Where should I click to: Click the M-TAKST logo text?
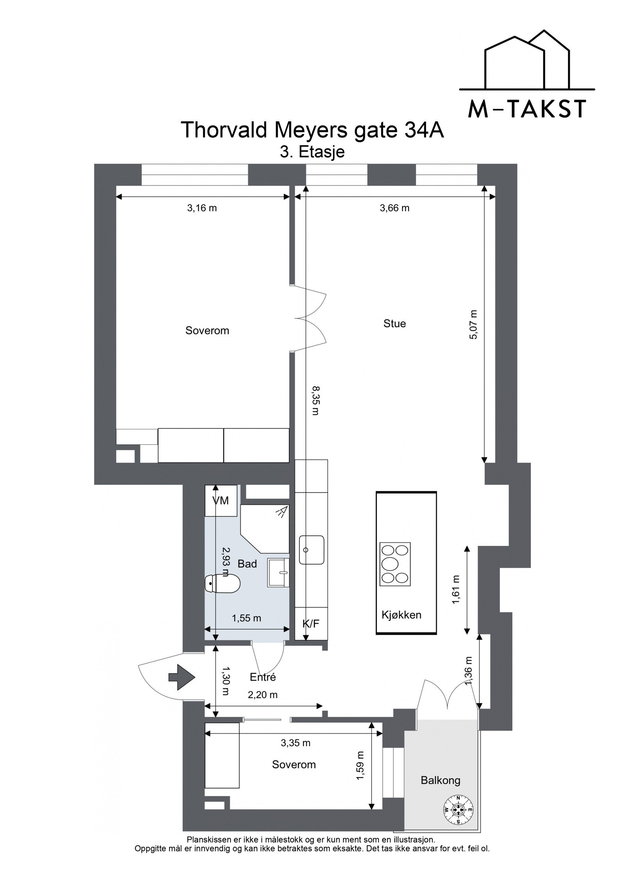(527, 109)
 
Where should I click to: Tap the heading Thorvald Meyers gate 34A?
(312, 130)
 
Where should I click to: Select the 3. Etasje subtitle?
(312, 152)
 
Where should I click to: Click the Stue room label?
(395, 323)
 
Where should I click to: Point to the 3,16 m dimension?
(202, 208)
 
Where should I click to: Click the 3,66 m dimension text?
(395, 208)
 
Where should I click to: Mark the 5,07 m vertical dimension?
(473, 325)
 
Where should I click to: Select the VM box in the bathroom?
(221, 501)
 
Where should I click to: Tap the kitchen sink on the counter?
(311, 550)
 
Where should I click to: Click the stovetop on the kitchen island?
(395, 564)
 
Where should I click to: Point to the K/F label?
(311, 624)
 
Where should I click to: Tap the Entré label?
(263, 677)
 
